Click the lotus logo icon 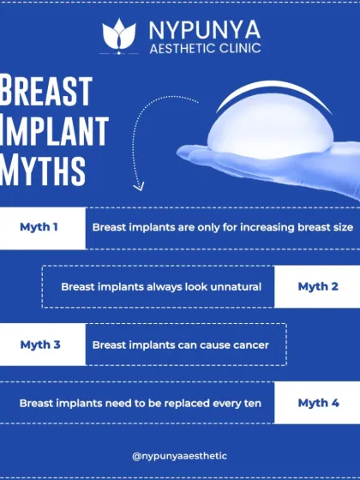(x=119, y=34)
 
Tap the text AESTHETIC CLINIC (x=204, y=48)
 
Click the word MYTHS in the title (x=44, y=170)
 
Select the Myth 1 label (x=39, y=227)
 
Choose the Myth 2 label (x=318, y=286)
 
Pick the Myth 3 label (x=39, y=345)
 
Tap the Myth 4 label (x=318, y=402)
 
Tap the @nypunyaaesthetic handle (x=179, y=457)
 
